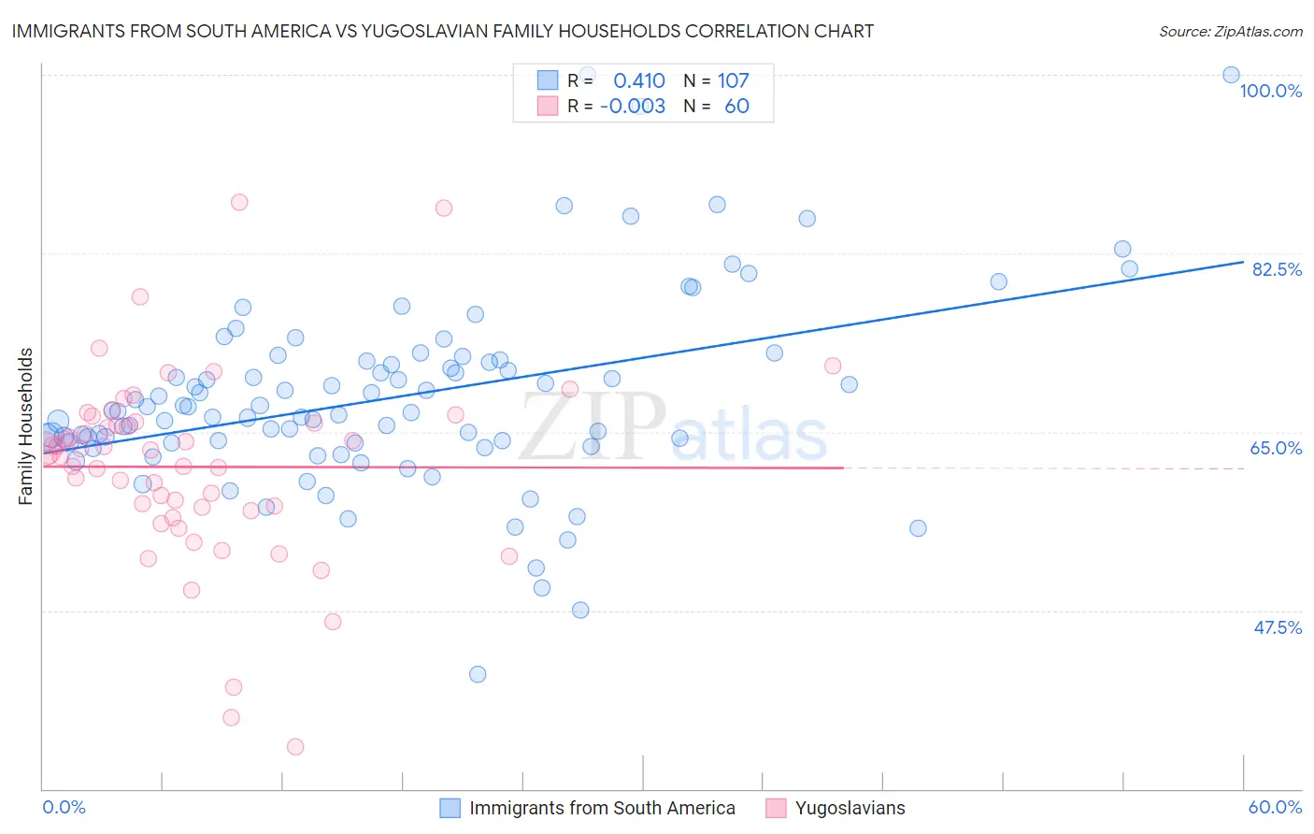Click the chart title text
click(443, 31)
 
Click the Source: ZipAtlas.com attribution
click(1230, 31)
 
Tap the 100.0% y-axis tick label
click(1270, 91)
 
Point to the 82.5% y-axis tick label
click(1277, 269)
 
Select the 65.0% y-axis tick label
click(1276, 448)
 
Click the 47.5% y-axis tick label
click(1277, 627)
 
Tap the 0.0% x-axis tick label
click(64, 807)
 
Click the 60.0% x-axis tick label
click(1275, 807)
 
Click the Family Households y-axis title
click(26, 426)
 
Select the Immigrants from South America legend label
click(602, 808)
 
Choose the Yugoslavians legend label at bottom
click(850, 808)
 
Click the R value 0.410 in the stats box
click(639, 81)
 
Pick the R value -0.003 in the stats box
click(633, 107)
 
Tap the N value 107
click(734, 81)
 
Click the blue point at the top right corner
click(1231, 75)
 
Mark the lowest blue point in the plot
click(478, 674)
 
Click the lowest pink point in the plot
click(295, 746)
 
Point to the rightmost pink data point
click(833, 366)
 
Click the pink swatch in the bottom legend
click(775, 808)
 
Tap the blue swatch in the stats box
click(547, 81)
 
